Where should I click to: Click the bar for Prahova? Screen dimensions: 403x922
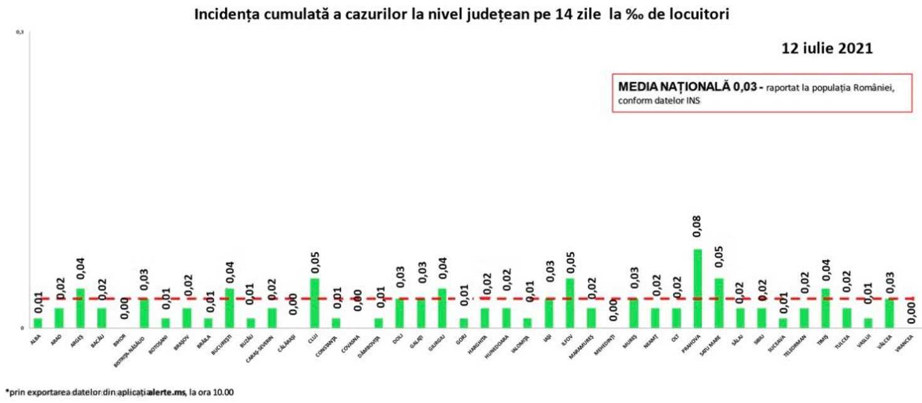[697, 288]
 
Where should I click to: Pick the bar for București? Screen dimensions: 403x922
[229, 308]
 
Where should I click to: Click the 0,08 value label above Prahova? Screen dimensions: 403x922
[697, 226]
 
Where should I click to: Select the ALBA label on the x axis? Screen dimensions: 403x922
[35, 342]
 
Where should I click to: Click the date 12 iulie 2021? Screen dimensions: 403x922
[827, 49]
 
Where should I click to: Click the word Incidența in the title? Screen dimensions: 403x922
[226, 14]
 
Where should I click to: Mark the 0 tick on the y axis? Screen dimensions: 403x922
[21, 328]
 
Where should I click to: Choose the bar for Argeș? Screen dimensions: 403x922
[80, 308]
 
